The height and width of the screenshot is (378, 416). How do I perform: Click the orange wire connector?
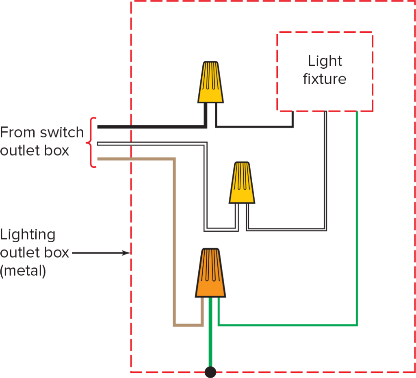(210, 273)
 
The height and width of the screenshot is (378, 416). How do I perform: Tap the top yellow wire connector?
(211, 83)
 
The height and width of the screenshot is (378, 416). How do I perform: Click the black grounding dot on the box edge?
(210, 372)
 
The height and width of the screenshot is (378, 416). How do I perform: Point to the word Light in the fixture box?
(325, 61)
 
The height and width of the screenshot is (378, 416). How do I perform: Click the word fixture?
(325, 79)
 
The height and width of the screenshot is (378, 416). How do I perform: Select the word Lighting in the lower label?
(28, 235)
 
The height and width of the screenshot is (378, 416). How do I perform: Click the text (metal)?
(23, 271)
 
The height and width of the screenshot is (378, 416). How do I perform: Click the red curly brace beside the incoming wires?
(92, 143)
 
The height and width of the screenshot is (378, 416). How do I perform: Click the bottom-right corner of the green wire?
(357, 325)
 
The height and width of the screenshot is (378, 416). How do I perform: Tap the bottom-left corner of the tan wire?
(175, 325)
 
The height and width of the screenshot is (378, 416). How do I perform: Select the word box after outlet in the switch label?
(59, 151)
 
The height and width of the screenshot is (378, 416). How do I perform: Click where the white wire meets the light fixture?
(325, 113)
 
